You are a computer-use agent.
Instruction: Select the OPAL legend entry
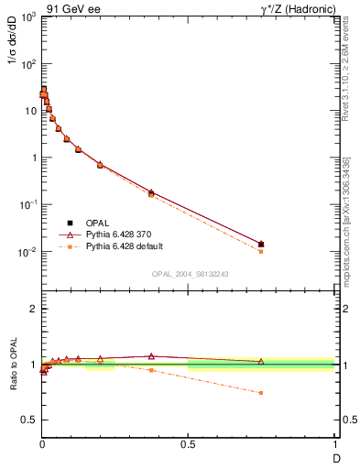(99, 223)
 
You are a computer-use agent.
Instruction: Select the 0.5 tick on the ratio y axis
(27, 420)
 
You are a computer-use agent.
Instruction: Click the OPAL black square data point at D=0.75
(261, 245)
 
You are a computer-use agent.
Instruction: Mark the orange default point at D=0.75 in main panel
(261, 251)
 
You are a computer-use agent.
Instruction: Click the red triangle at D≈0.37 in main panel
(151, 192)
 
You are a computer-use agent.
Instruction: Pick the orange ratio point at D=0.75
(261, 392)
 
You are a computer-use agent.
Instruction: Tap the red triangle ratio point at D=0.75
(261, 361)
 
